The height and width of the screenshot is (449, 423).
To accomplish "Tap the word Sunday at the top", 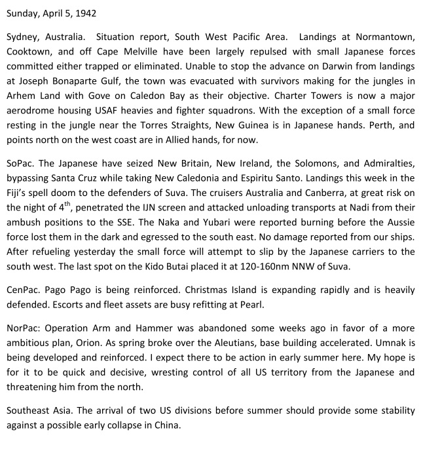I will click(x=23, y=12).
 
